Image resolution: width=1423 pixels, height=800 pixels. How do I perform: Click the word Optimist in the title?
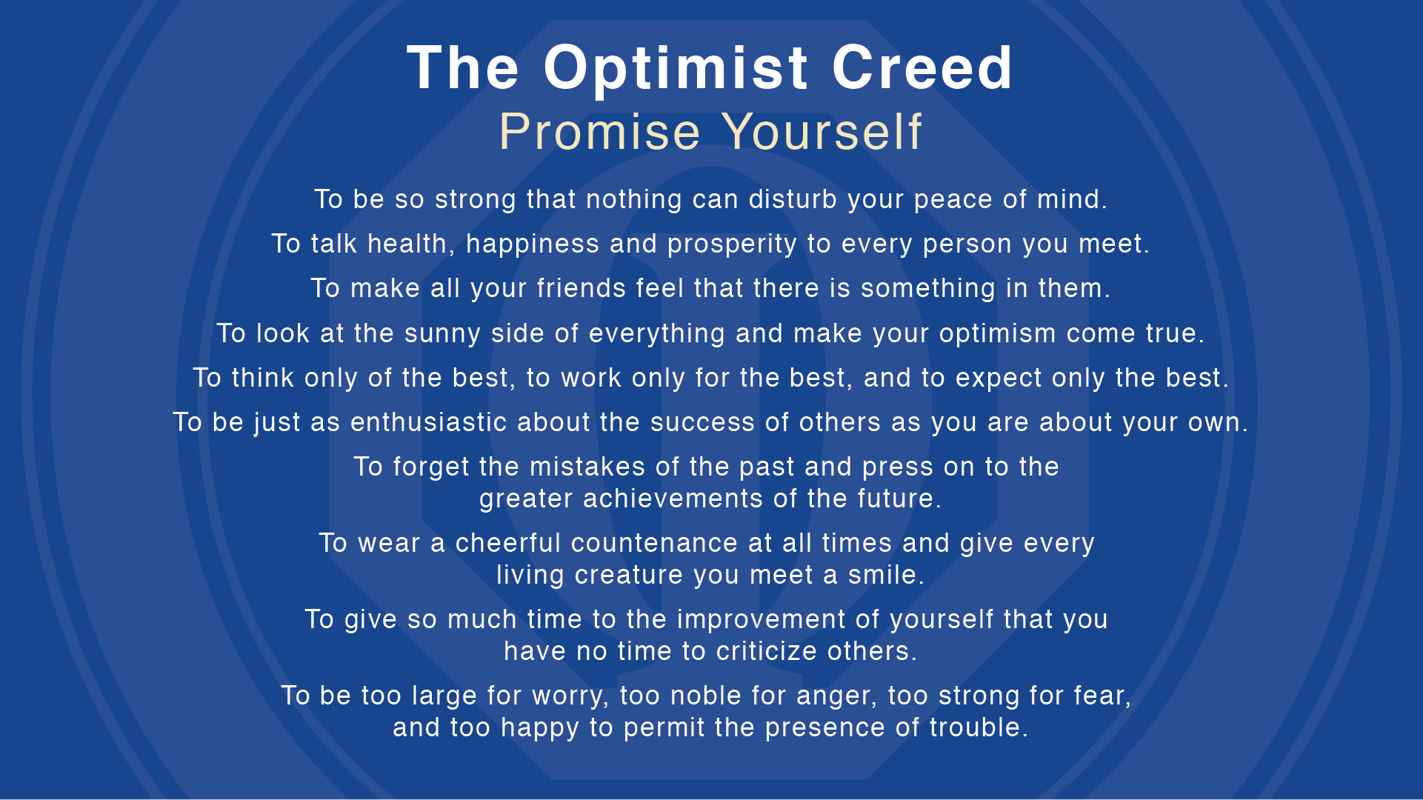coord(675,68)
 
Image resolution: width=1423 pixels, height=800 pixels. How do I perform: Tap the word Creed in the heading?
coord(922,68)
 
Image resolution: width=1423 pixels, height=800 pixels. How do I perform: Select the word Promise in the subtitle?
coord(599,132)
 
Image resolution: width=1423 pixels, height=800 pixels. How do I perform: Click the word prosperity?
coord(732,244)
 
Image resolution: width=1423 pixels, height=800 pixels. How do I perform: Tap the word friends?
coord(581,288)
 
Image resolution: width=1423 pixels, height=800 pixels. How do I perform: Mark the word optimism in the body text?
coord(997,333)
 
